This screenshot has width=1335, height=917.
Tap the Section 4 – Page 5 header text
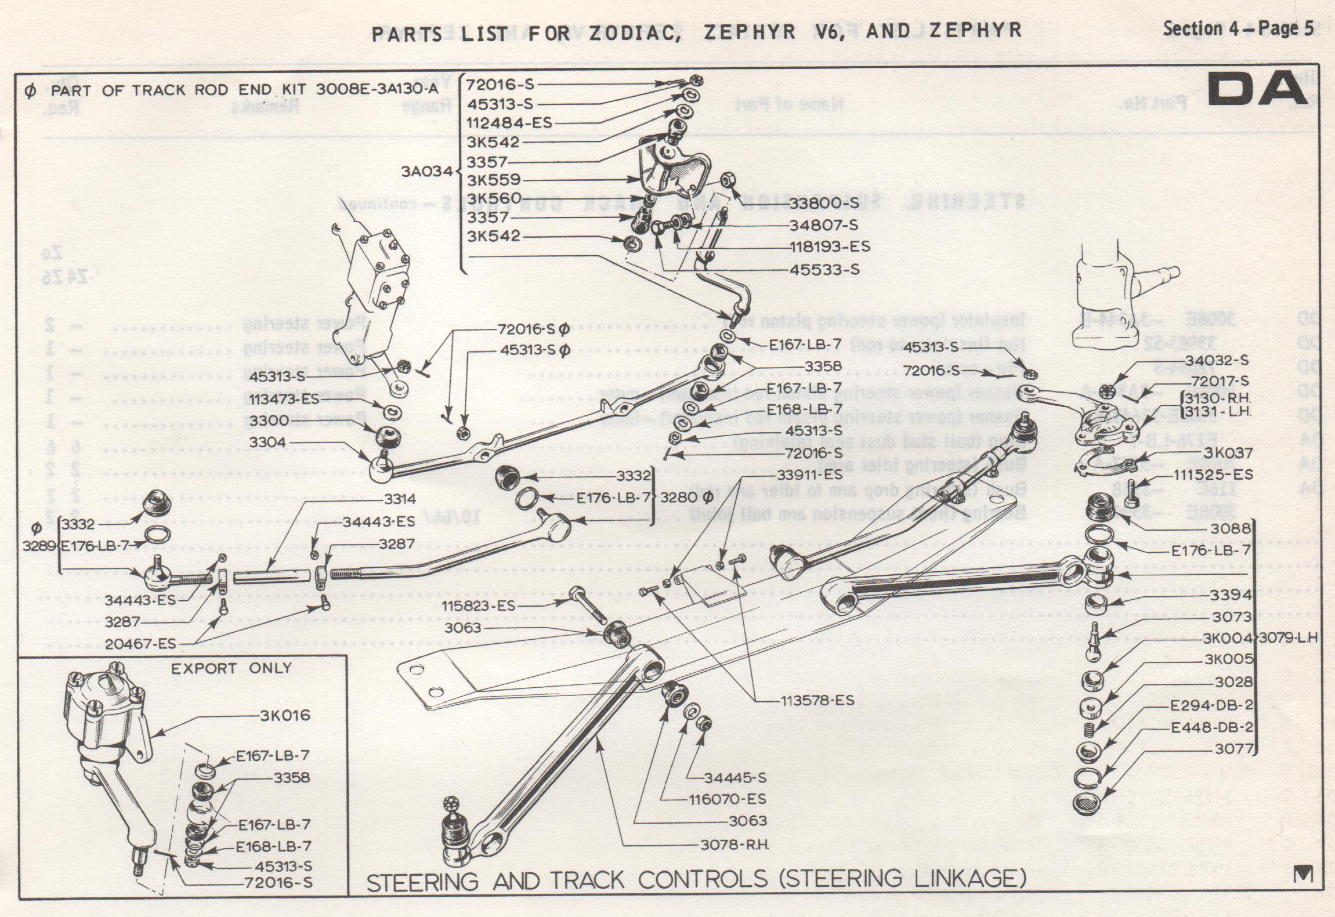click(1238, 29)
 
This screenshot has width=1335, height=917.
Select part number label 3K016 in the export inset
click(285, 715)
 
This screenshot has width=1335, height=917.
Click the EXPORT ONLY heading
click(231, 668)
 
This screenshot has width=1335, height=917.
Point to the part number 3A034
click(426, 171)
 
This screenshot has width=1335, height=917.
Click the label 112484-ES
click(509, 123)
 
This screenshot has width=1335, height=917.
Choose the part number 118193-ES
click(830, 247)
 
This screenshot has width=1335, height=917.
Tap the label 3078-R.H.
click(735, 844)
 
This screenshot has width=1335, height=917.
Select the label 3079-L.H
click(1287, 638)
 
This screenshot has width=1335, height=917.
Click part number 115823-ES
click(478, 606)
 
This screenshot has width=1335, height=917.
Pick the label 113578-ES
click(817, 700)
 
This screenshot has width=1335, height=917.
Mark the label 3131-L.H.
click(1217, 411)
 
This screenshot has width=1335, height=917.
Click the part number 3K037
click(1228, 453)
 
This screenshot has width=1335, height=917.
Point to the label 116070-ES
click(727, 799)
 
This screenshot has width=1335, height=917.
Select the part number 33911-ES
click(809, 475)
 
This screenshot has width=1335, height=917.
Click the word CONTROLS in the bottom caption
click(703, 880)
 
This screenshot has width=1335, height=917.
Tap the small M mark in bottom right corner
click(1303, 875)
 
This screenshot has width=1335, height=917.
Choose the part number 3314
click(400, 499)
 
